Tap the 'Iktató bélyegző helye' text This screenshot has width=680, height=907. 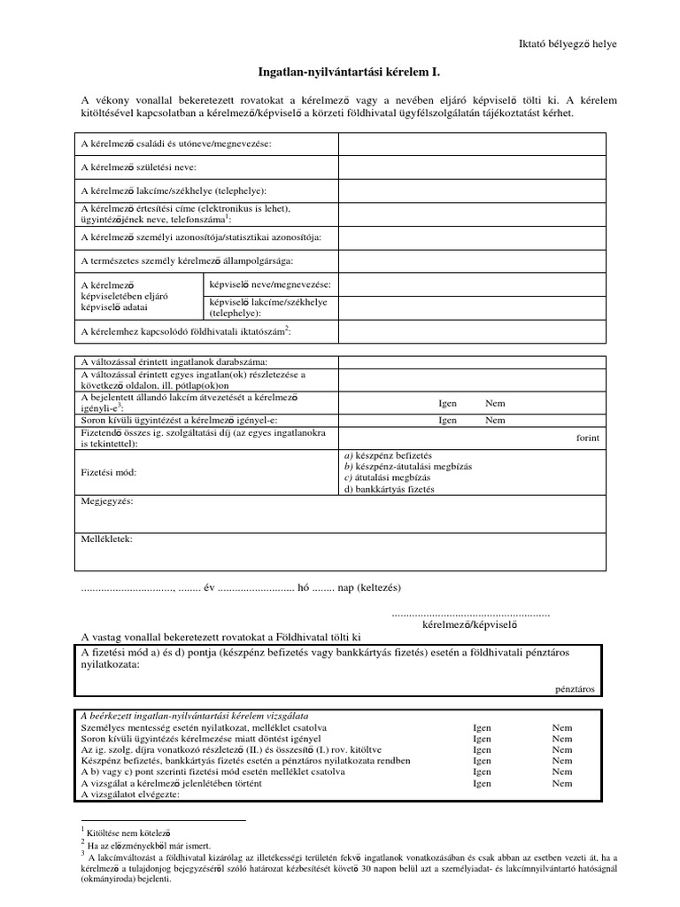pos(567,43)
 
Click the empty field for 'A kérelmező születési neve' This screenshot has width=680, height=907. pos(471,167)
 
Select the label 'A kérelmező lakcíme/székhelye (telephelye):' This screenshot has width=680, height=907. pos(173,190)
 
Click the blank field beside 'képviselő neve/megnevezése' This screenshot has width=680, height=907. pos(471,284)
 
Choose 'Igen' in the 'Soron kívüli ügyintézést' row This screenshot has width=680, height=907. pos(448,420)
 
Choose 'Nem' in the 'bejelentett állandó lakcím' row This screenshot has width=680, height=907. pos(495,403)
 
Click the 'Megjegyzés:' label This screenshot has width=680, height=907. pos(106,501)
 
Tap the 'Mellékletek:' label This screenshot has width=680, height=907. pos(106,539)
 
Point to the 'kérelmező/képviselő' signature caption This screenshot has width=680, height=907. pos(469,624)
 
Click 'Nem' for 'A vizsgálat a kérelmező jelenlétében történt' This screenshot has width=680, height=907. pos(562,783)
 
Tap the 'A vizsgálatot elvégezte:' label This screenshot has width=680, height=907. pos(130,795)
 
